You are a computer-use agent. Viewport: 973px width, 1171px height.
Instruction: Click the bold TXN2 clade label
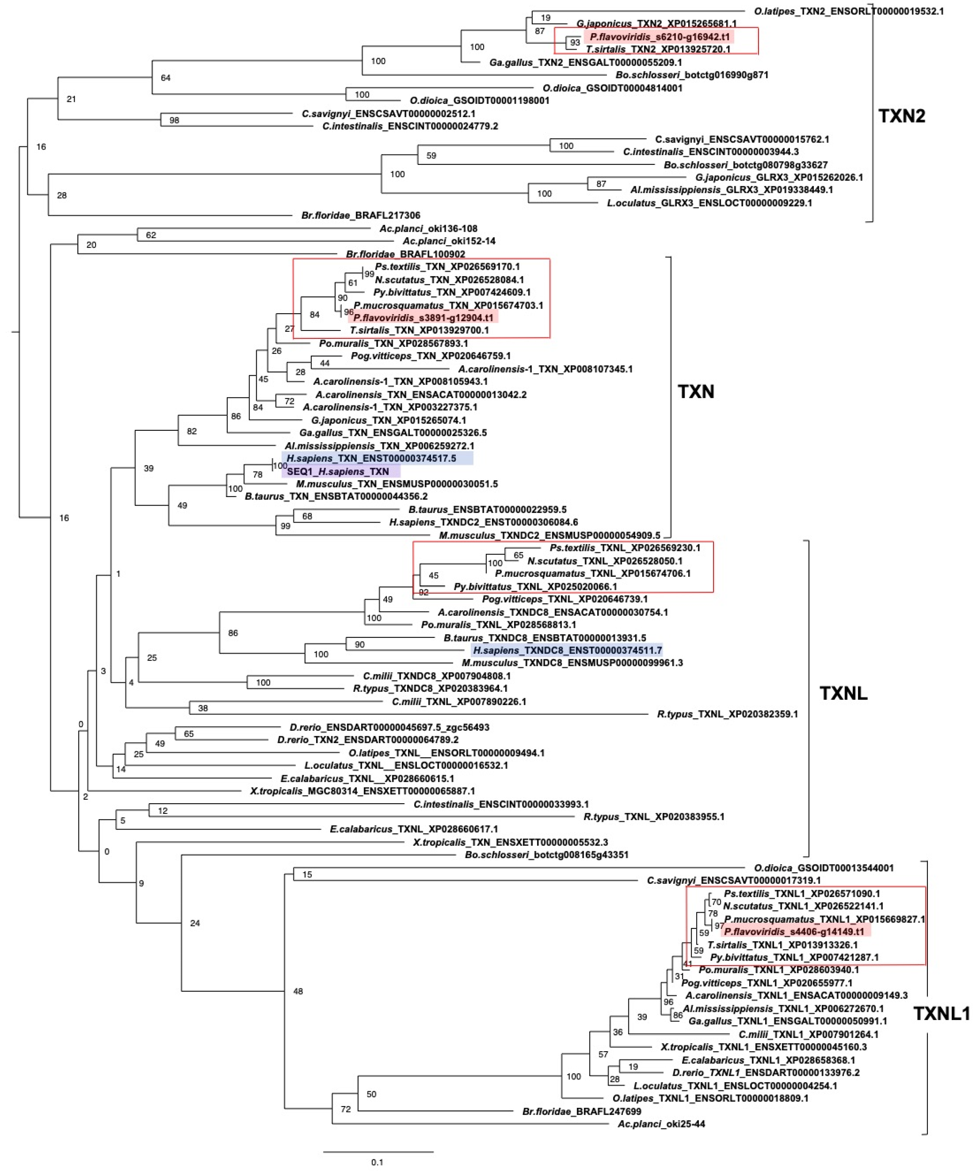[x=902, y=116]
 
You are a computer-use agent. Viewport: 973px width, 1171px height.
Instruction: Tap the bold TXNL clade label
[x=843, y=693]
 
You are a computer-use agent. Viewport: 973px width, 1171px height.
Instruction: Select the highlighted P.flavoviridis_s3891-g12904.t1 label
[x=423, y=318]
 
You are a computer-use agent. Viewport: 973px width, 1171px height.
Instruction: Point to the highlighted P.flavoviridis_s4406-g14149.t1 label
[x=794, y=932]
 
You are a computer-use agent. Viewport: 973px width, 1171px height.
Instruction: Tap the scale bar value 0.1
[x=378, y=1162]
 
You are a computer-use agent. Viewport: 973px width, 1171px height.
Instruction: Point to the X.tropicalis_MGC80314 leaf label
[x=362, y=791]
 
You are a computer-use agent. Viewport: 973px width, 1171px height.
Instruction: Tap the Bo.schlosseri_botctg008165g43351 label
[x=546, y=855]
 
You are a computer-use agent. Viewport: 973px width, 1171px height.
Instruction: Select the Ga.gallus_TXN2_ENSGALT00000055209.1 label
[x=585, y=62]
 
